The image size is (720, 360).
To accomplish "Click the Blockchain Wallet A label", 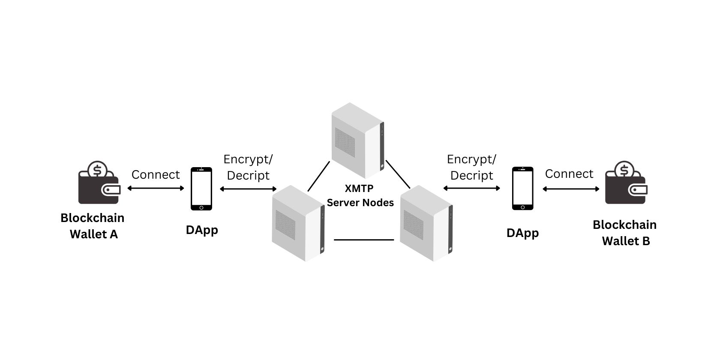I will coord(93,226).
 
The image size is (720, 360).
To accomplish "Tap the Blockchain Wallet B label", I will coord(625,233).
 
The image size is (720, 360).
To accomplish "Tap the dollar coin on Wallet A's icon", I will coord(98,170).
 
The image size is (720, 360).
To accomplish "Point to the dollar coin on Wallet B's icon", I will coord(624,170).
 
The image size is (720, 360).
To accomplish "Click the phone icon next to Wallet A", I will coord(201,189).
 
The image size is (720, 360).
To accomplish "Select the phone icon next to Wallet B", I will coord(523,189).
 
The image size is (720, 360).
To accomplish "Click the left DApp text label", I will coord(202,230).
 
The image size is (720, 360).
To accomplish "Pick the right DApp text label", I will coord(522,233).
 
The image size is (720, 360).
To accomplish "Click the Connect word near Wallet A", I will coord(156,175).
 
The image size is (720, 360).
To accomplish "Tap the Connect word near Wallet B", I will coord(569,174).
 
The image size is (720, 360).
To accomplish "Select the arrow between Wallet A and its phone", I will coord(156,188).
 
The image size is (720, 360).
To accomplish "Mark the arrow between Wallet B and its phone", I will coord(570,189).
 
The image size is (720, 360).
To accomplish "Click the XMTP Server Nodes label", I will coord(360,195).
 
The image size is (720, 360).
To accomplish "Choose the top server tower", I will coord(358,140).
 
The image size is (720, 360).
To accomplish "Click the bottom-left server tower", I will coord(298,223).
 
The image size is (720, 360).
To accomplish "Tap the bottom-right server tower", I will coord(426,223).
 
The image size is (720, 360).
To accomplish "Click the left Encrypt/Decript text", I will coord(248,167).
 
